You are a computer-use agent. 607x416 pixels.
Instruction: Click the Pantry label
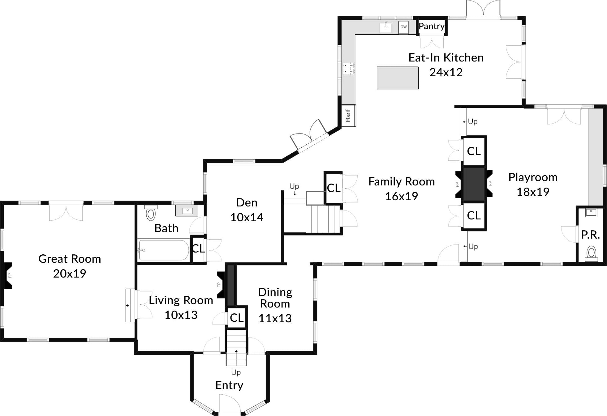click(x=431, y=26)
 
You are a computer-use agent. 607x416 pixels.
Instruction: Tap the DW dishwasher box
click(x=403, y=27)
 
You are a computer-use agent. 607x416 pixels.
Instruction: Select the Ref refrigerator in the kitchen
click(x=348, y=116)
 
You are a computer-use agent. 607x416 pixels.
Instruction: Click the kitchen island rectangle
click(x=398, y=78)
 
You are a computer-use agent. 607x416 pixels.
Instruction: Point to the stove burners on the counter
click(x=349, y=68)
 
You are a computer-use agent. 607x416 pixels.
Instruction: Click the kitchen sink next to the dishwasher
click(x=386, y=27)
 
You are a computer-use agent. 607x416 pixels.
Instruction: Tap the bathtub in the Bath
click(x=163, y=250)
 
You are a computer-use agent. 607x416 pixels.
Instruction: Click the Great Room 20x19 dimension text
click(x=70, y=274)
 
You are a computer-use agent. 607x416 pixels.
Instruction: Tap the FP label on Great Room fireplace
click(x=10, y=275)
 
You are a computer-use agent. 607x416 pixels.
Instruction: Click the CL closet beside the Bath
click(x=198, y=249)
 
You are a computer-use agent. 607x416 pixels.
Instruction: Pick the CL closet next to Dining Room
click(x=237, y=318)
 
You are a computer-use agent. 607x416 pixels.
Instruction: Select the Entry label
click(x=229, y=385)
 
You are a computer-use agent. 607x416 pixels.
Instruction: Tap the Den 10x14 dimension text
click(x=247, y=218)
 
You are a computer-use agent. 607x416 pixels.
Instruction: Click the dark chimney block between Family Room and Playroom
click(x=474, y=184)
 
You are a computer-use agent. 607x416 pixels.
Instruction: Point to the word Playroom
click(x=533, y=177)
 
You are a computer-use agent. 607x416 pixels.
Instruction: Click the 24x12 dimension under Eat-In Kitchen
click(x=446, y=72)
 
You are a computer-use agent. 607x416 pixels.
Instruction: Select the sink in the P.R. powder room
click(x=591, y=212)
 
